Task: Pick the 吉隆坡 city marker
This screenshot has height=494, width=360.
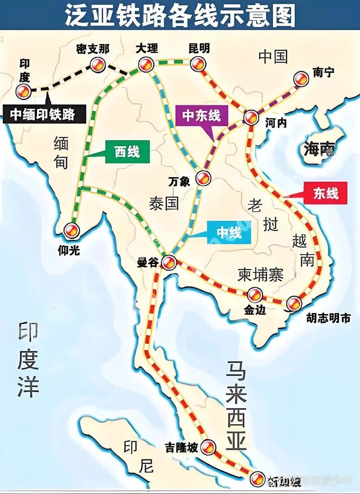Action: tap(208, 447)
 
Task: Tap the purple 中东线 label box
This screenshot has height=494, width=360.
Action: tap(201, 116)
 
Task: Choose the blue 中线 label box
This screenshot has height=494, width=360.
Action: tap(229, 233)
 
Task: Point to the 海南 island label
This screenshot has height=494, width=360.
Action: tap(319, 148)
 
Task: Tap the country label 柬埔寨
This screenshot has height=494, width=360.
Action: tap(261, 274)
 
